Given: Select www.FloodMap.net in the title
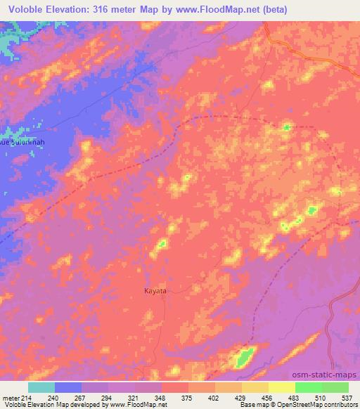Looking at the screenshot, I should click(x=217, y=8).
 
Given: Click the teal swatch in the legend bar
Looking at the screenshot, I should click(x=41, y=387).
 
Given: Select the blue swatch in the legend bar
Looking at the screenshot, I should click(x=69, y=387).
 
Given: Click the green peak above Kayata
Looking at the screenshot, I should click(x=162, y=244).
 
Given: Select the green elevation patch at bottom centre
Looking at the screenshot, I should click(x=244, y=357).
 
